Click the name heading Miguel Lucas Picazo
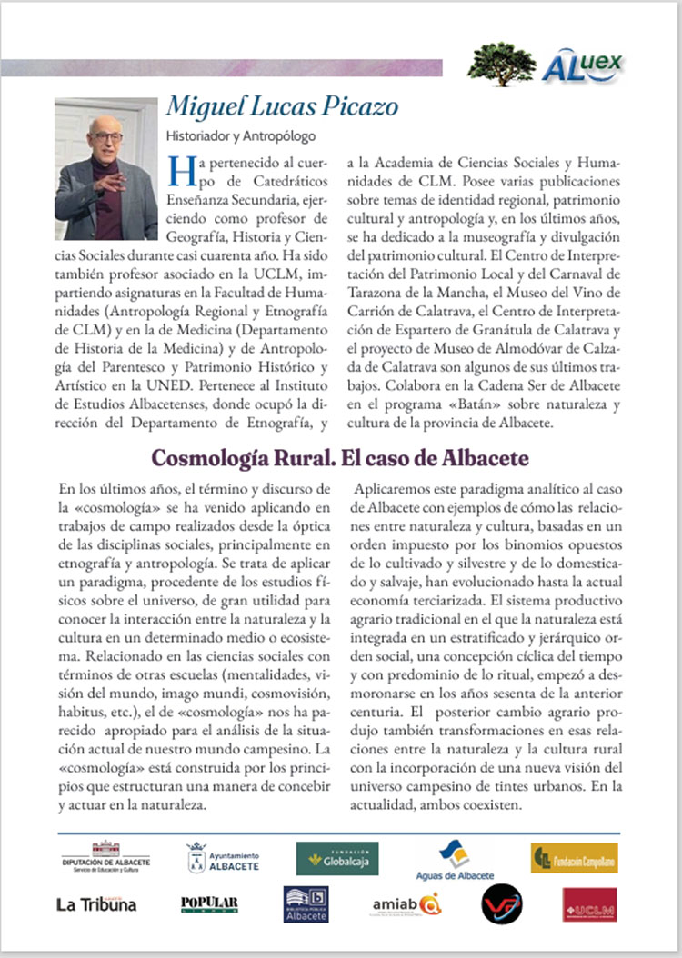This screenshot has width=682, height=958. click(x=282, y=106)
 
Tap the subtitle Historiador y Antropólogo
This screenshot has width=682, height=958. click(x=240, y=137)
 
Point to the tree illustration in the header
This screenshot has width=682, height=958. click(x=501, y=64)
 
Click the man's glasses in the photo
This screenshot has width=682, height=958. click(x=107, y=137)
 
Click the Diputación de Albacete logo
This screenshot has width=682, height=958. click(x=105, y=856)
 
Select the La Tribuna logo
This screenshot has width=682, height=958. click(x=96, y=904)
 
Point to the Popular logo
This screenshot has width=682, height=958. click(x=209, y=903)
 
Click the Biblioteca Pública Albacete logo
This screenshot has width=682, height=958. click(x=306, y=903)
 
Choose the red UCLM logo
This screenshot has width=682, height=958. click(x=589, y=903)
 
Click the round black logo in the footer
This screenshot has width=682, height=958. click(x=501, y=903)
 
